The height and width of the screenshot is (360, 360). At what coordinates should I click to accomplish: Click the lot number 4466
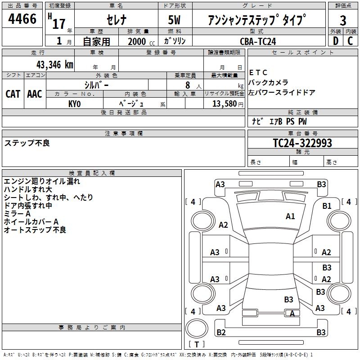coord(22,19)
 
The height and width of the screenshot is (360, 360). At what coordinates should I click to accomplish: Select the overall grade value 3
coord(343,21)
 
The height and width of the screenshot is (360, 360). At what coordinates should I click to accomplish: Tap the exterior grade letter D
coord(336,41)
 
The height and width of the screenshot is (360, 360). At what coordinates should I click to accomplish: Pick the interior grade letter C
coord(350,41)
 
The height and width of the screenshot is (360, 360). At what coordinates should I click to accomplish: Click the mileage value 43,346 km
coord(55,65)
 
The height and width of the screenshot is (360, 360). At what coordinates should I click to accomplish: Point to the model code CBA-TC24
coord(258,41)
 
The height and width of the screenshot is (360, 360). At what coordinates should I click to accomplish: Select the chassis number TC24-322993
coord(302,143)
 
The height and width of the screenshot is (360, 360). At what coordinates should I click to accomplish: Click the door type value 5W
coord(174,20)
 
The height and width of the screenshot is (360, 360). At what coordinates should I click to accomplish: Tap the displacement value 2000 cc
coord(141,42)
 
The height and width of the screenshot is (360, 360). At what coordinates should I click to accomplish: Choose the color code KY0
coord(75,104)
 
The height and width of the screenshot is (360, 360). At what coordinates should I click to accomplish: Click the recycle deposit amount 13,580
coord(225,104)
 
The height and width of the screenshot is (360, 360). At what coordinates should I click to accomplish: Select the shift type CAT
coord(13,94)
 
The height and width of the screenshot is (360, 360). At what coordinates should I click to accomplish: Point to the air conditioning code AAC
coord(35,94)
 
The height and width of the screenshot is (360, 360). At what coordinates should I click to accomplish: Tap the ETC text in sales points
coord(258,72)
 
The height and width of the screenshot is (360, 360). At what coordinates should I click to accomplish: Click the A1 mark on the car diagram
coord(290,216)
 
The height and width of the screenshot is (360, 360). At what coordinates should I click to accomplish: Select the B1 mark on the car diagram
coord(327,206)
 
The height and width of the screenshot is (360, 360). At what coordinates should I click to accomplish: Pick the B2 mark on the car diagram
coord(221,333)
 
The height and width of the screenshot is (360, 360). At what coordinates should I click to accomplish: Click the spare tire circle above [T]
coord(197,328)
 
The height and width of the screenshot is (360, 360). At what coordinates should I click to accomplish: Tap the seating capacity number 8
coord(188,85)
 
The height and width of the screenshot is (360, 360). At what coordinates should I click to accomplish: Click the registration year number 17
coord(59,24)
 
